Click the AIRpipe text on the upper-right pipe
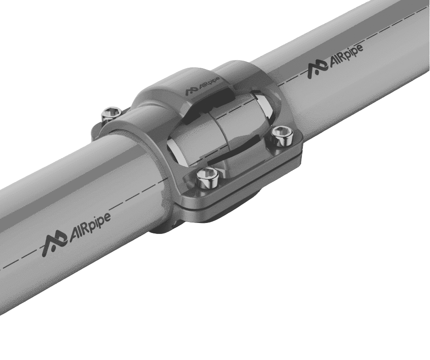point(345,56)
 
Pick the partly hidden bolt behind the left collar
point(112,114)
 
